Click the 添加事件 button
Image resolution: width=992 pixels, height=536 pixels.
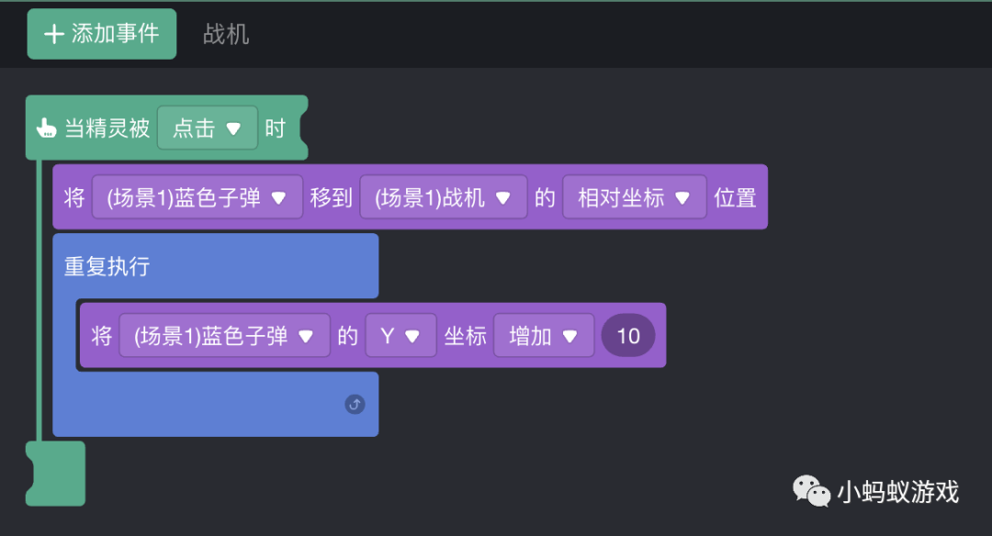point(102,34)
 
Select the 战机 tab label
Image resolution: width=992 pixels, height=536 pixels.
point(226,35)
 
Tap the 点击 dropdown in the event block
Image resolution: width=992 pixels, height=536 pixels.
point(207,128)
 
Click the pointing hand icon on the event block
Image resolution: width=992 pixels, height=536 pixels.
point(46,128)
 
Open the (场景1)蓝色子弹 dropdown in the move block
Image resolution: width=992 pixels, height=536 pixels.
point(197,197)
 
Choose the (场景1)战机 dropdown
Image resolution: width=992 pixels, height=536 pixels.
point(443,197)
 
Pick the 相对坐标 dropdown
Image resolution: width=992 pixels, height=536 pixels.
point(634,197)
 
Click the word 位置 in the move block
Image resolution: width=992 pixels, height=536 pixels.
point(735,197)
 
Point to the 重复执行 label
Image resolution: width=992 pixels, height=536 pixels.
point(107,267)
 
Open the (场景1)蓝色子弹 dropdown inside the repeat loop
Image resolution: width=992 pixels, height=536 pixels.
point(224,336)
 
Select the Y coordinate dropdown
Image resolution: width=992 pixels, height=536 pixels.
point(400,336)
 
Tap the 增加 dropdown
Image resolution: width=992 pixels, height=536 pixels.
point(544,336)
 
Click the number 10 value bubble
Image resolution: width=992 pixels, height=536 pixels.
point(628,336)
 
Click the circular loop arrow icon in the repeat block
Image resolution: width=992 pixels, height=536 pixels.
point(355,404)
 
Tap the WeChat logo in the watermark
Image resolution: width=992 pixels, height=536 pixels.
point(812,492)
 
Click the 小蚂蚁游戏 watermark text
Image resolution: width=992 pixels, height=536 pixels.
point(897,493)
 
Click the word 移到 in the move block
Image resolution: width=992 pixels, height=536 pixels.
point(331,197)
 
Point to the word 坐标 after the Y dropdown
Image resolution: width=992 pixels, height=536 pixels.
point(466,336)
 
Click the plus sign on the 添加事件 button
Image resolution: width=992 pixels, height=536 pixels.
point(54,34)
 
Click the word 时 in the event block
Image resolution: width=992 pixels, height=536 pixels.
point(276,128)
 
